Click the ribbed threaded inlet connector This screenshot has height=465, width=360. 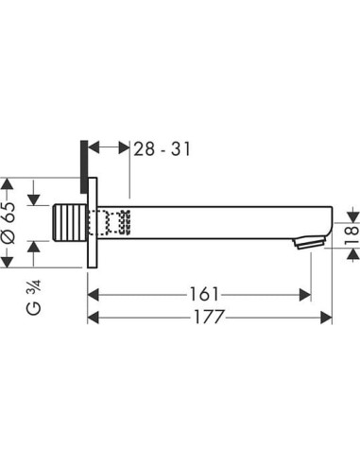[x=71, y=224]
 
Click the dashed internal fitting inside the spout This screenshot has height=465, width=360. [x=114, y=224]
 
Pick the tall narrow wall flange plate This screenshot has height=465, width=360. [x=93, y=224]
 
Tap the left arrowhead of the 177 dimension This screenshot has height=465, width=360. [x=95, y=319]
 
